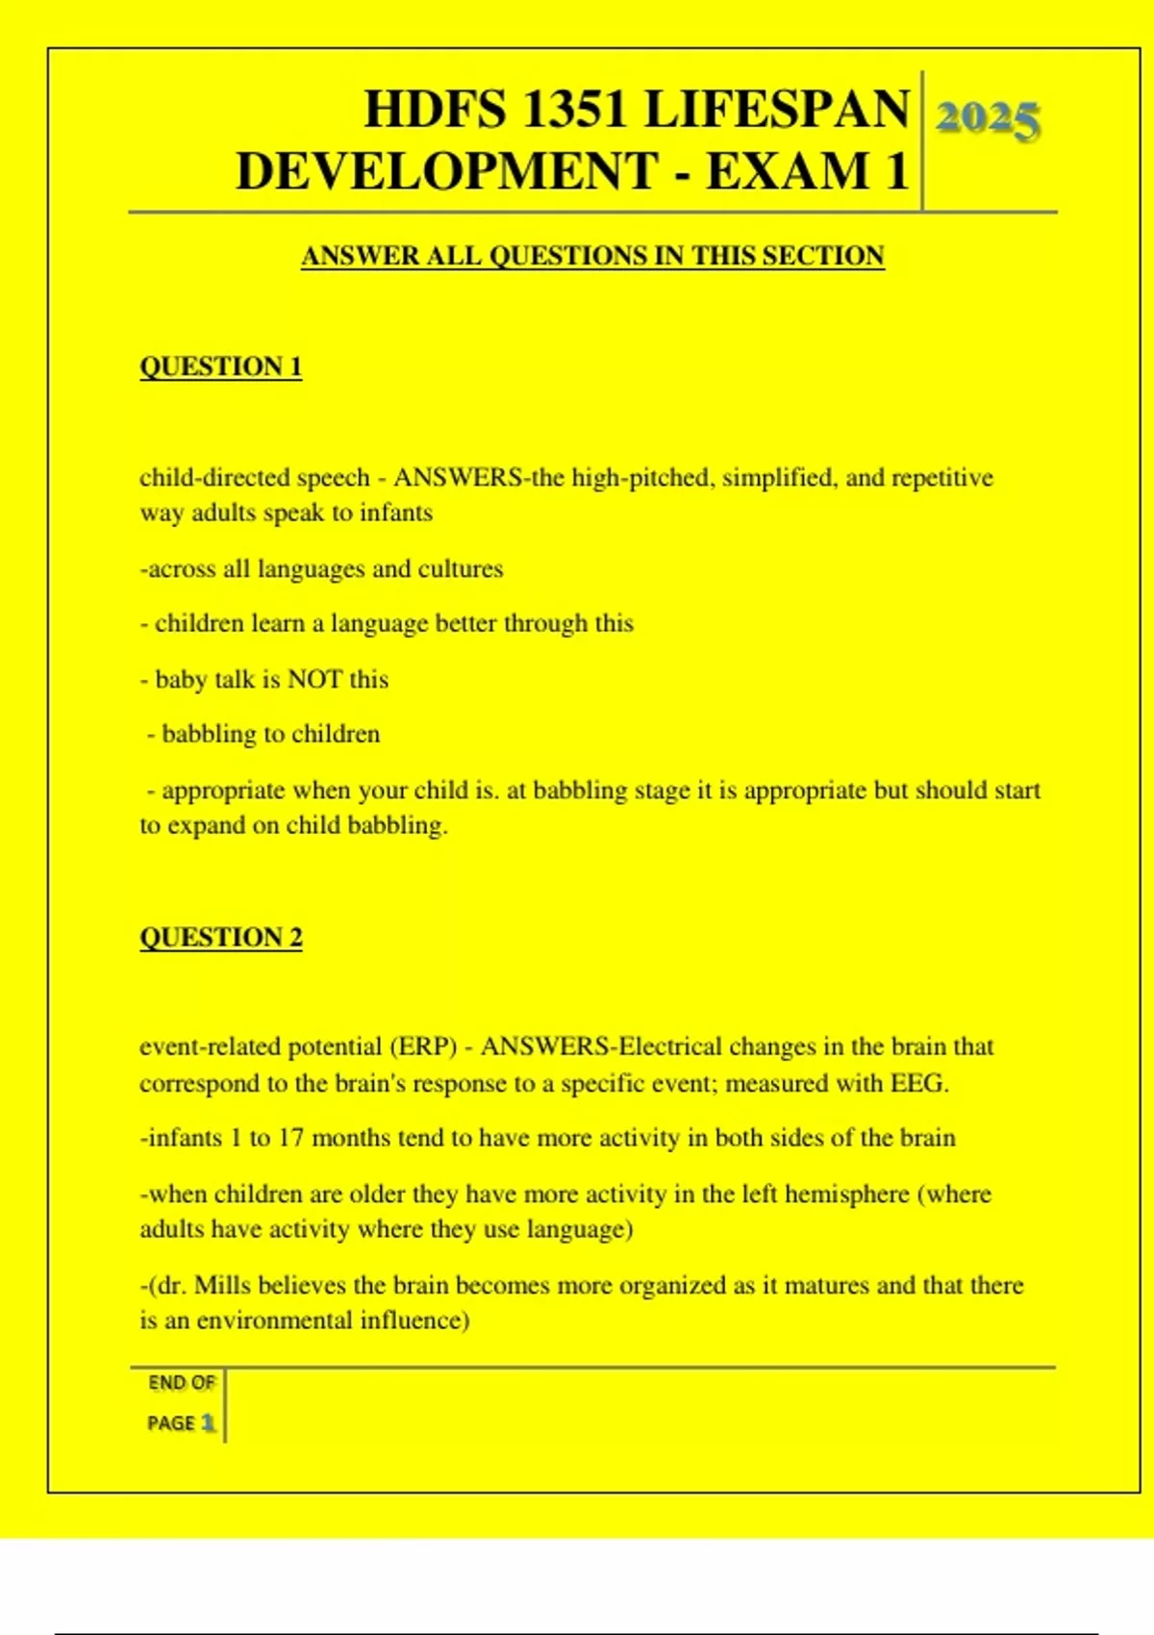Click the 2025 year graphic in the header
(x=988, y=120)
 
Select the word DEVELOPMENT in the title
(x=447, y=171)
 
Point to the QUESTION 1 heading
(x=220, y=366)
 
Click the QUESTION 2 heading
(x=220, y=937)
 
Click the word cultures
(x=460, y=569)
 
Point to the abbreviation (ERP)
(x=423, y=1046)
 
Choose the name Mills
(x=223, y=1286)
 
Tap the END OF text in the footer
(x=182, y=1383)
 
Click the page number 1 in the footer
(x=208, y=1422)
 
